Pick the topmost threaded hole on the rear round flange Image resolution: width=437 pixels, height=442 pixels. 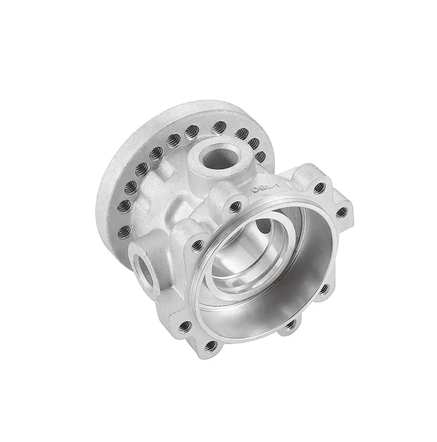pyautogui.click(x=219, y=127)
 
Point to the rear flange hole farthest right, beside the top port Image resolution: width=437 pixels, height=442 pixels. pyautogui.click(x=260, y=156)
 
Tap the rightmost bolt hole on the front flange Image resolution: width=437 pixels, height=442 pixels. pyautogui.click(x=341, y=213)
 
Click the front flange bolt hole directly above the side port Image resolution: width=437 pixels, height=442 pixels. pyautogui.click(x=198, y=245)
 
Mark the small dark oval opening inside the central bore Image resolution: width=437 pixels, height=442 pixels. pyautogui.click(x=263, y=228)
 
